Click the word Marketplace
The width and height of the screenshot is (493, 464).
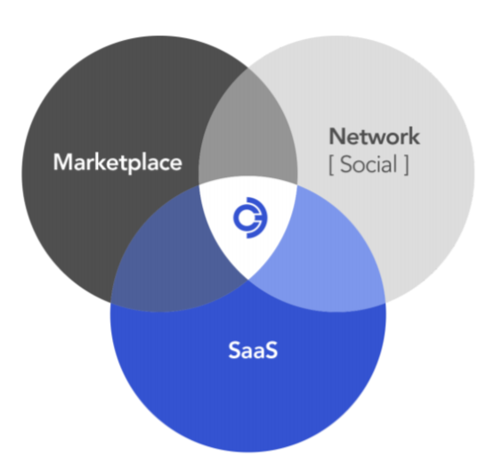117,163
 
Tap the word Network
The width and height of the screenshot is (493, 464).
374,136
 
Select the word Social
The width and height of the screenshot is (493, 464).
368,164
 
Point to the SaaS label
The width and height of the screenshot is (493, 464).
253,350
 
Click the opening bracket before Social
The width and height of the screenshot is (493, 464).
331,165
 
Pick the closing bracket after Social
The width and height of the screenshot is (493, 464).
406,165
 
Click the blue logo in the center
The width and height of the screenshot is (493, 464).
250,217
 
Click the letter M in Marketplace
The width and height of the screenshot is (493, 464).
63,162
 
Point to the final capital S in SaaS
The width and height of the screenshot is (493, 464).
271,350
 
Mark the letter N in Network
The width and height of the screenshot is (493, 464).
336,136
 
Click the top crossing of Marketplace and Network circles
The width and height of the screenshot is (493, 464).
248,68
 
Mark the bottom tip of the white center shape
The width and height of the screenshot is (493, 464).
248,280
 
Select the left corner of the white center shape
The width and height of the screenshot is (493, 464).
198,185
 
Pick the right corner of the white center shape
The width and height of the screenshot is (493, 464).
297,185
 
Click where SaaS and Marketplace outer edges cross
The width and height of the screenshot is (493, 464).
111,304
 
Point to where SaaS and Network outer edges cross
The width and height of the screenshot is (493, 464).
385,304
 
